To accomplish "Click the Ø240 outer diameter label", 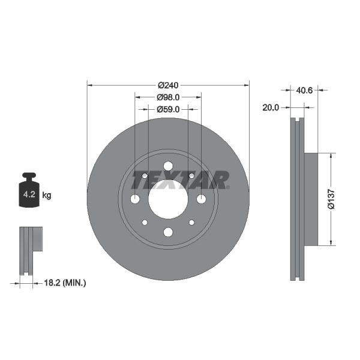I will click(x=168, y=85).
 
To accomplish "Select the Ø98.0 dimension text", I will click(x=169, y=97).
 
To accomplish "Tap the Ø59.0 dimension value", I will click(x=169, y=110).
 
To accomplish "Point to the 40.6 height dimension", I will click(x=305, y=91).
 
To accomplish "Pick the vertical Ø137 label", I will click(x=331, y=199).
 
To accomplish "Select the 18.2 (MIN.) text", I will click(x=66, y=281).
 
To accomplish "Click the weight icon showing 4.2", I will click(x=28, y=191).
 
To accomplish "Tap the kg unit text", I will click(x=47, y=195).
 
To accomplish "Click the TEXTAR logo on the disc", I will click(x=180, y=180).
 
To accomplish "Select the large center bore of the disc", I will click(x=168, y=199).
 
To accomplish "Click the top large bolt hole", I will click(x=168, y=166).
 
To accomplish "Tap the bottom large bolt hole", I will click(x=168, y=232).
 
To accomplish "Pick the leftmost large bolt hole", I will click(x=135, y=199).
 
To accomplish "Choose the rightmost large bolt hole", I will click(x=201, y=199).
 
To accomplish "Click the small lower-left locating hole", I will click(x=145, y=223).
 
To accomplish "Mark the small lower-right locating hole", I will click(x=191, y=223).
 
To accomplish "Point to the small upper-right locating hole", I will click(x=191, y=176).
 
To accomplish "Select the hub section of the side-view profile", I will click(x=311, y=199).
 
